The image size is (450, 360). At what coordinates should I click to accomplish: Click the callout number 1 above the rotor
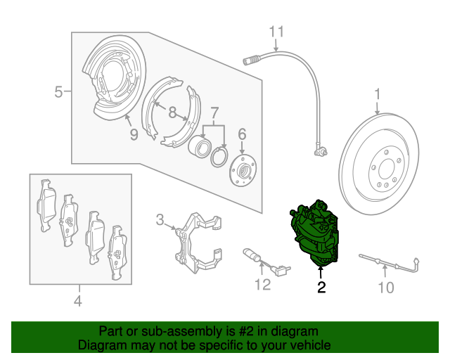click(378, 94)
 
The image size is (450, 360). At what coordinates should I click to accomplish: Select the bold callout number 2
click(321, 288)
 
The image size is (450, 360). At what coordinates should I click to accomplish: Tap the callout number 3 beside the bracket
click(160, 220)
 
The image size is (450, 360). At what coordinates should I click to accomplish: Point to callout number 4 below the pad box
click(78, 301)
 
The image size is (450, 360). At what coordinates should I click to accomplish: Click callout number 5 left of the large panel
click(58, 92)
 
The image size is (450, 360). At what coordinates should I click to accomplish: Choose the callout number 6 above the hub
click(242, 134)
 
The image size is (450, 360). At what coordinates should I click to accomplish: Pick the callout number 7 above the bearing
click(214, 113)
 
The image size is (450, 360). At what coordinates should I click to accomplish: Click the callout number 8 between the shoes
click(172, 112)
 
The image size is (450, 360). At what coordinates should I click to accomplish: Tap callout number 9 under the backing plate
click(134, 134)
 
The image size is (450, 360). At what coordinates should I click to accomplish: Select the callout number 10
click(386, 288)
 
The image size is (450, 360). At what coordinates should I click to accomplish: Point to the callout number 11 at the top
click(276, 32)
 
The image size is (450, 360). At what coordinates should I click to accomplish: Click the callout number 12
click(263, 284)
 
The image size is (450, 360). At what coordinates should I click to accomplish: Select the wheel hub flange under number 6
click(243, 170)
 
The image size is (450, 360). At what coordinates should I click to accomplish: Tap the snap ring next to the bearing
click(219, 157)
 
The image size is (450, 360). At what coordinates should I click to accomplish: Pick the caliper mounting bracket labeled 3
click(198, 243)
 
